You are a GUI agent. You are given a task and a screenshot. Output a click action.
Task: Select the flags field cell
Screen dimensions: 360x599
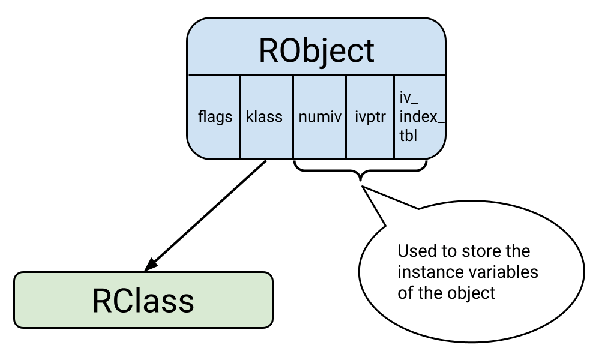pos(215,117)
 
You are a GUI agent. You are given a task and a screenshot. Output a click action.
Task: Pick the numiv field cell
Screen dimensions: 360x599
pos(319,117)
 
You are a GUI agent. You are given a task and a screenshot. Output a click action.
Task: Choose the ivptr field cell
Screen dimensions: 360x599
pos(370,117)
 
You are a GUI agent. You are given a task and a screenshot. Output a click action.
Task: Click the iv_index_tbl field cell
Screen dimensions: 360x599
pos(420,117)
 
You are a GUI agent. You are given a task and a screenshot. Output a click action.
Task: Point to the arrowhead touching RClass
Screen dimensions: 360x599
pos(151,264)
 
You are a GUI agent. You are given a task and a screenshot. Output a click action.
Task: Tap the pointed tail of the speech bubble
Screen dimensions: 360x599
pos(364,189)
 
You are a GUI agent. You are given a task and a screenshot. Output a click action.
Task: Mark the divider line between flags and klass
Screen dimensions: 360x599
pos(241,117)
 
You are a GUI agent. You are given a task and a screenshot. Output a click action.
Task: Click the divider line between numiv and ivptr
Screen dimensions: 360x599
pos(346,117)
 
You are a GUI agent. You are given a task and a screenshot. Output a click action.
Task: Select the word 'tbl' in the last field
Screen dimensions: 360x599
pos(408,136)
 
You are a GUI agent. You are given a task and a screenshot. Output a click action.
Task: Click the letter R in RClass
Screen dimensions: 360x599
pos(103,301)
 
